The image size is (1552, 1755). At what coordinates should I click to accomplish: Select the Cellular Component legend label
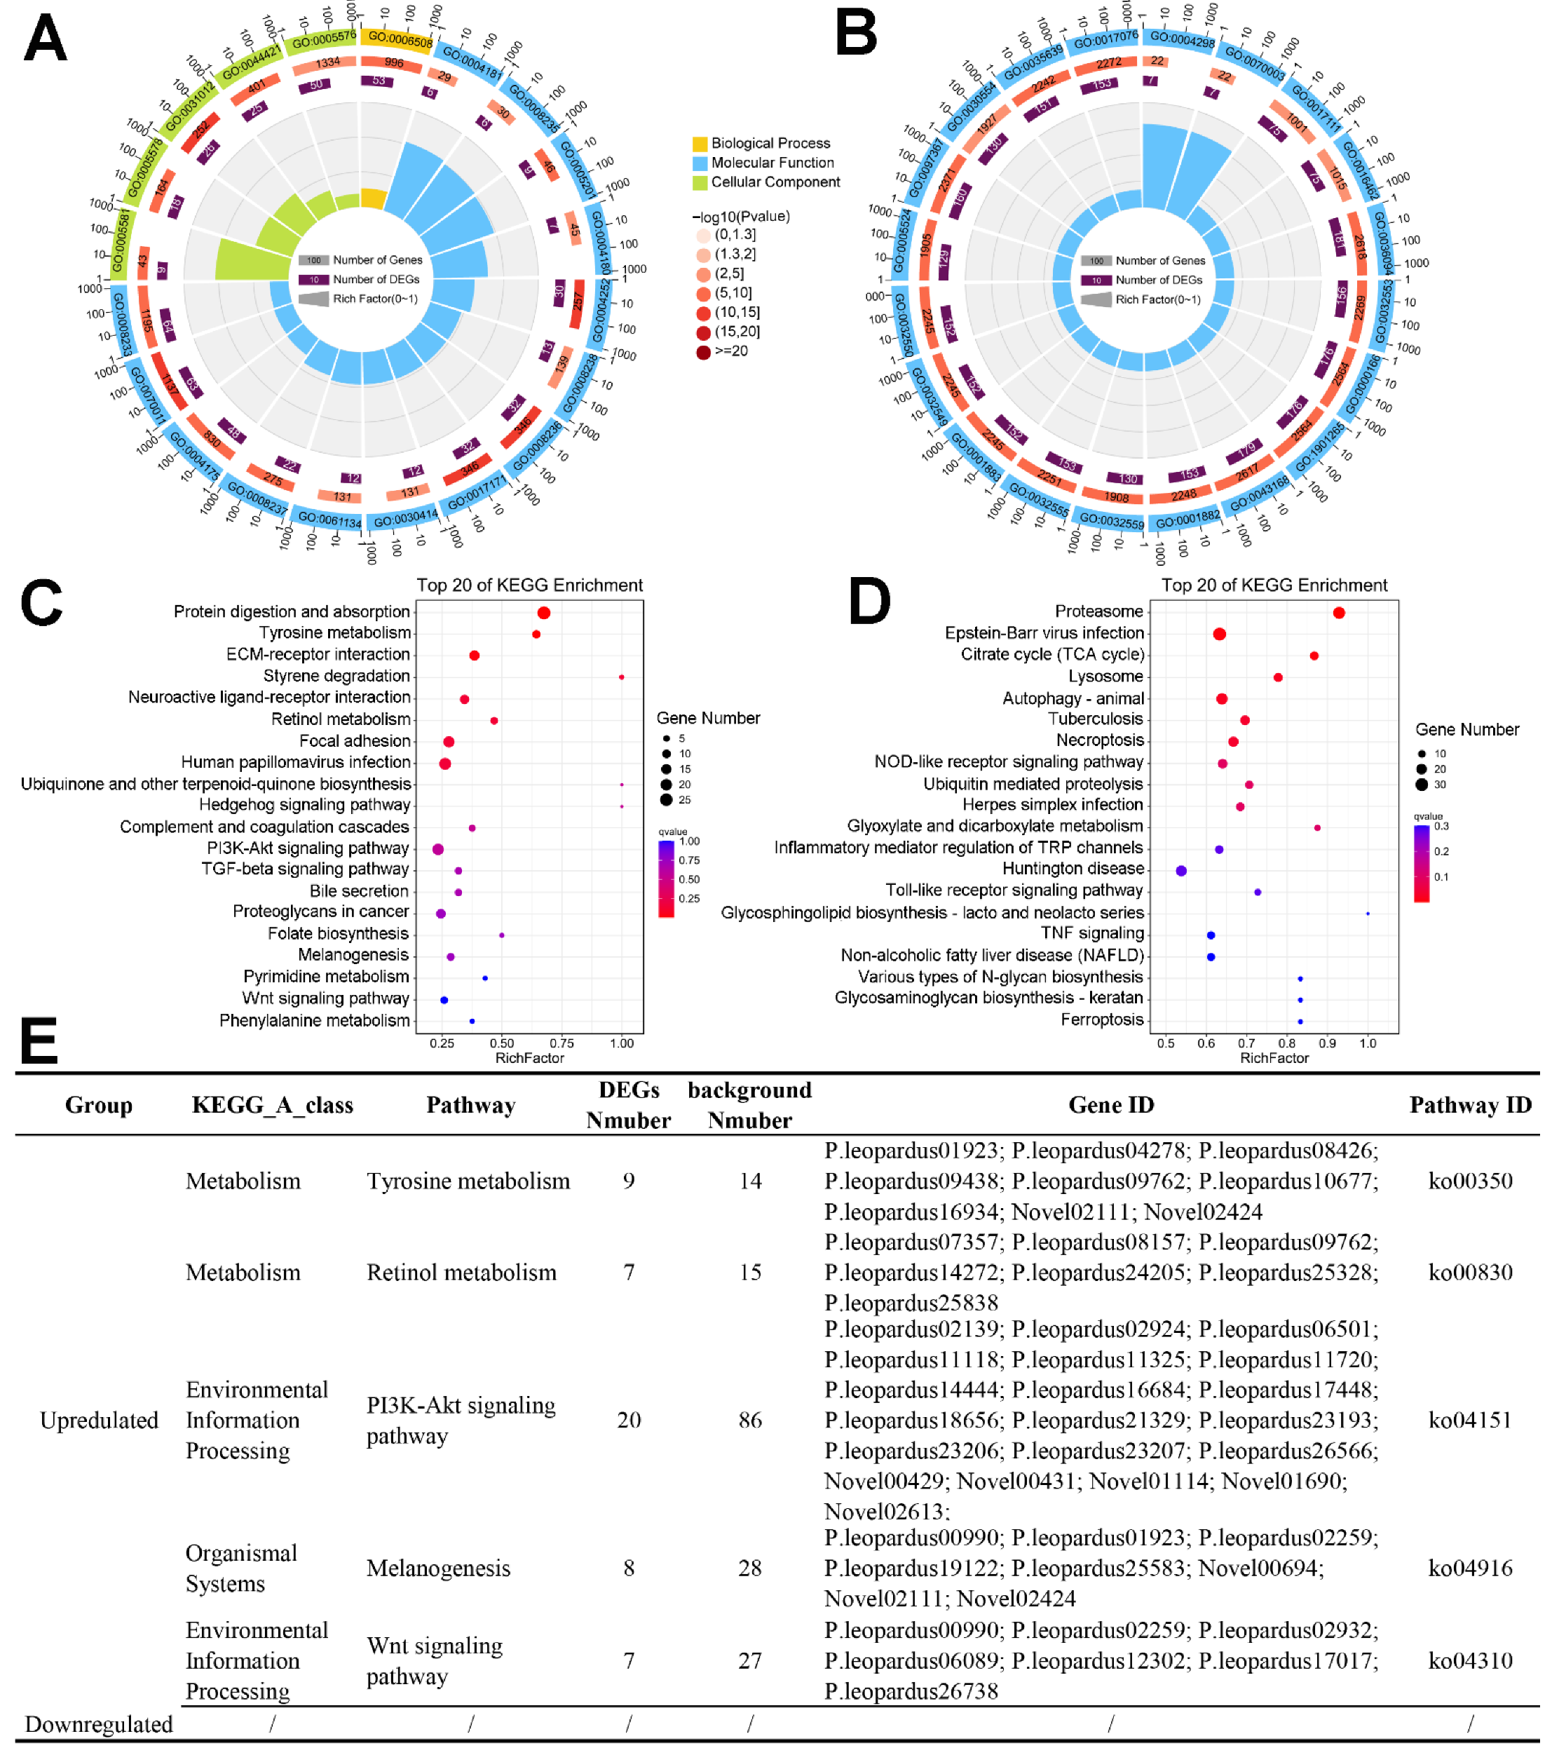click(775, 182)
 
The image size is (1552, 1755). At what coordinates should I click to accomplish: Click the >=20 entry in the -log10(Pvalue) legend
click(730, 351)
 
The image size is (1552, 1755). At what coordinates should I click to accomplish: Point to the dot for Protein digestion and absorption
click(543, 612)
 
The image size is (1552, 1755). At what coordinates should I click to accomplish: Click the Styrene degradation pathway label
click(336, 676)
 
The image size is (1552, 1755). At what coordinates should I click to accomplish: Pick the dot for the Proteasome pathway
click(1338, 612)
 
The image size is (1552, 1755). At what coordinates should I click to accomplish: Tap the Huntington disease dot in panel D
click(1181, 871)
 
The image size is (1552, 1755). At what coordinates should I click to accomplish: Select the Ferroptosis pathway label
click(1101, 1019)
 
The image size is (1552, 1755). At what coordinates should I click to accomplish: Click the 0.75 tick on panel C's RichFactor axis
click(561, 1043)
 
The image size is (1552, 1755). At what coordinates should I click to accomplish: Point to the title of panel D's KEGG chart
click(1274, 585)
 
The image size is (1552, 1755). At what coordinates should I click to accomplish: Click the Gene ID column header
click(1111, 1105)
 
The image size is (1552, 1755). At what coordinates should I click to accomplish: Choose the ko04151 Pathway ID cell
click(1469, 1420)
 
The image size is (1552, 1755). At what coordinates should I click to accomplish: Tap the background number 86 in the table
click(749, 1420)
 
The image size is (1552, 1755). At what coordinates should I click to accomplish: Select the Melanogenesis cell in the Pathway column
click(438, 1568)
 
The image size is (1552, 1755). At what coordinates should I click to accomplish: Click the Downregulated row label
click(99, 1724)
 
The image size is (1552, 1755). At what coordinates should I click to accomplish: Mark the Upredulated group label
click(99, 1420)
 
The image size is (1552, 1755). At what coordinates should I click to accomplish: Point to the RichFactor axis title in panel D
click(1274, 1058)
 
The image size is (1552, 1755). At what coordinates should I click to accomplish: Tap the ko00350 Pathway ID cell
click(1469, 1181)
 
